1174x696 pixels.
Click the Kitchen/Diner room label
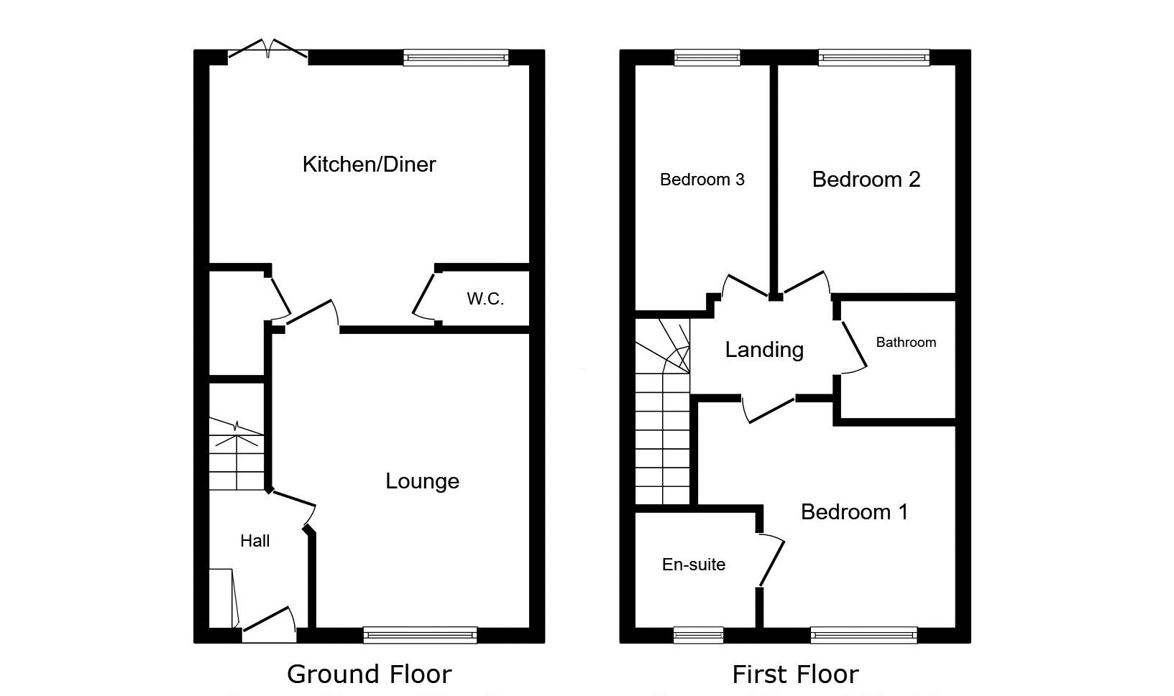coord(369,164)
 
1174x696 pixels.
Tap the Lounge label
coord(423,481)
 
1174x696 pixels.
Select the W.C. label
coord(485,299)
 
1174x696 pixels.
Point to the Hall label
coord(254,541)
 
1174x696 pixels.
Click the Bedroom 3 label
coord(702,180)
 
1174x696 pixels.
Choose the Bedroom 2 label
coord(866,180)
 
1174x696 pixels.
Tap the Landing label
coord(764,350)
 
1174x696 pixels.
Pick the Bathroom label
coord(906,343)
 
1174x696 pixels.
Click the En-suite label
coord(694,565)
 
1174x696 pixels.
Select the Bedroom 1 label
coord(854,511)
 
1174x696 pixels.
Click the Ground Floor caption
coord(369,674)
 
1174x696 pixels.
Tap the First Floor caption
coord(796,674)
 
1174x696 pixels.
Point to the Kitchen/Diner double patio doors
coord(268,51)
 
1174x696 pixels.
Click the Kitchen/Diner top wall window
coord(456,57)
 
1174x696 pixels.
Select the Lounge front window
coord(421,635)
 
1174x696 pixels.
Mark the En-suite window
coord(699,635)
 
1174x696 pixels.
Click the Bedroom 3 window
coord(707,57)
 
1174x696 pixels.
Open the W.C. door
coord(425,295)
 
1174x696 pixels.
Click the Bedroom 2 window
coord(874,57)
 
